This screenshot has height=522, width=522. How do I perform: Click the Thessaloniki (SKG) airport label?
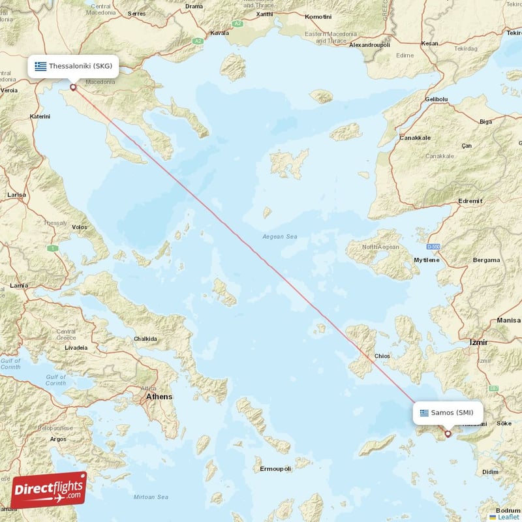click(73, 67)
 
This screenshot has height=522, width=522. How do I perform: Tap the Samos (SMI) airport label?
click(448, 412)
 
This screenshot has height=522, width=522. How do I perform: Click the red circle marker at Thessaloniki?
click(73, 87)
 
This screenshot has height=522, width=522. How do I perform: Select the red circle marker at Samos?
click(448, 433)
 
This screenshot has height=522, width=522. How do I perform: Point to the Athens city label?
click(159, 396)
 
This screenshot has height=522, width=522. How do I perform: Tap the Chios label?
click(382, 356)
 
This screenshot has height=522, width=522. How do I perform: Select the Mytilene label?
click(427, 260)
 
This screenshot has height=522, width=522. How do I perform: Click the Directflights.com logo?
click(49, 490)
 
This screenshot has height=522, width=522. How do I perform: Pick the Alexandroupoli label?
click(369, 45)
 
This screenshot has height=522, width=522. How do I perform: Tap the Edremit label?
click(470, 201)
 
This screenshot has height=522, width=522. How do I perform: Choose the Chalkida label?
click(145, 339)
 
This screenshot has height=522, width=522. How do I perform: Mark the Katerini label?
click(40, 116)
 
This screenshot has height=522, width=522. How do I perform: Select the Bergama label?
click(486, 260)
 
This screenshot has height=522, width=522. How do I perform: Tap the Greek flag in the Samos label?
click(425, 412)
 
